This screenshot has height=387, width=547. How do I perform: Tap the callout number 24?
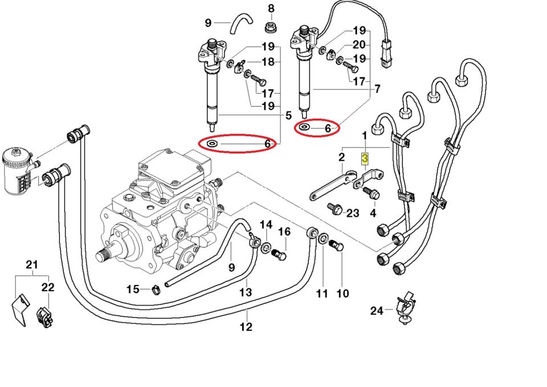coord(377,311)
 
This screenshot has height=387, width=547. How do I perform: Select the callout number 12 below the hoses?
coord(246,327)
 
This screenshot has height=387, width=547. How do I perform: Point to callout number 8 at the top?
coord(271,9)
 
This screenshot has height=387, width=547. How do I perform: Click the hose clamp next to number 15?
coord(154,291)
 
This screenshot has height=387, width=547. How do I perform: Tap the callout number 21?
coord(31,264)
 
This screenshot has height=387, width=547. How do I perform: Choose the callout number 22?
coord(48,287)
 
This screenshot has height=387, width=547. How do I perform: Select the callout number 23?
coord(353,213)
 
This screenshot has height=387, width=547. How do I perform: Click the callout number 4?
coord(373,213)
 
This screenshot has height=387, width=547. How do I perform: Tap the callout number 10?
coord(342,294)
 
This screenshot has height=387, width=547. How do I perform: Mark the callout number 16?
coord(284,232)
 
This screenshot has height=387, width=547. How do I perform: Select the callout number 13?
coord(245,292)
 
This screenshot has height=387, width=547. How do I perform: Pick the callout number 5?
coord(288,114)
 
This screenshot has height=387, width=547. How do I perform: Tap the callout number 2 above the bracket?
coord(341,157)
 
